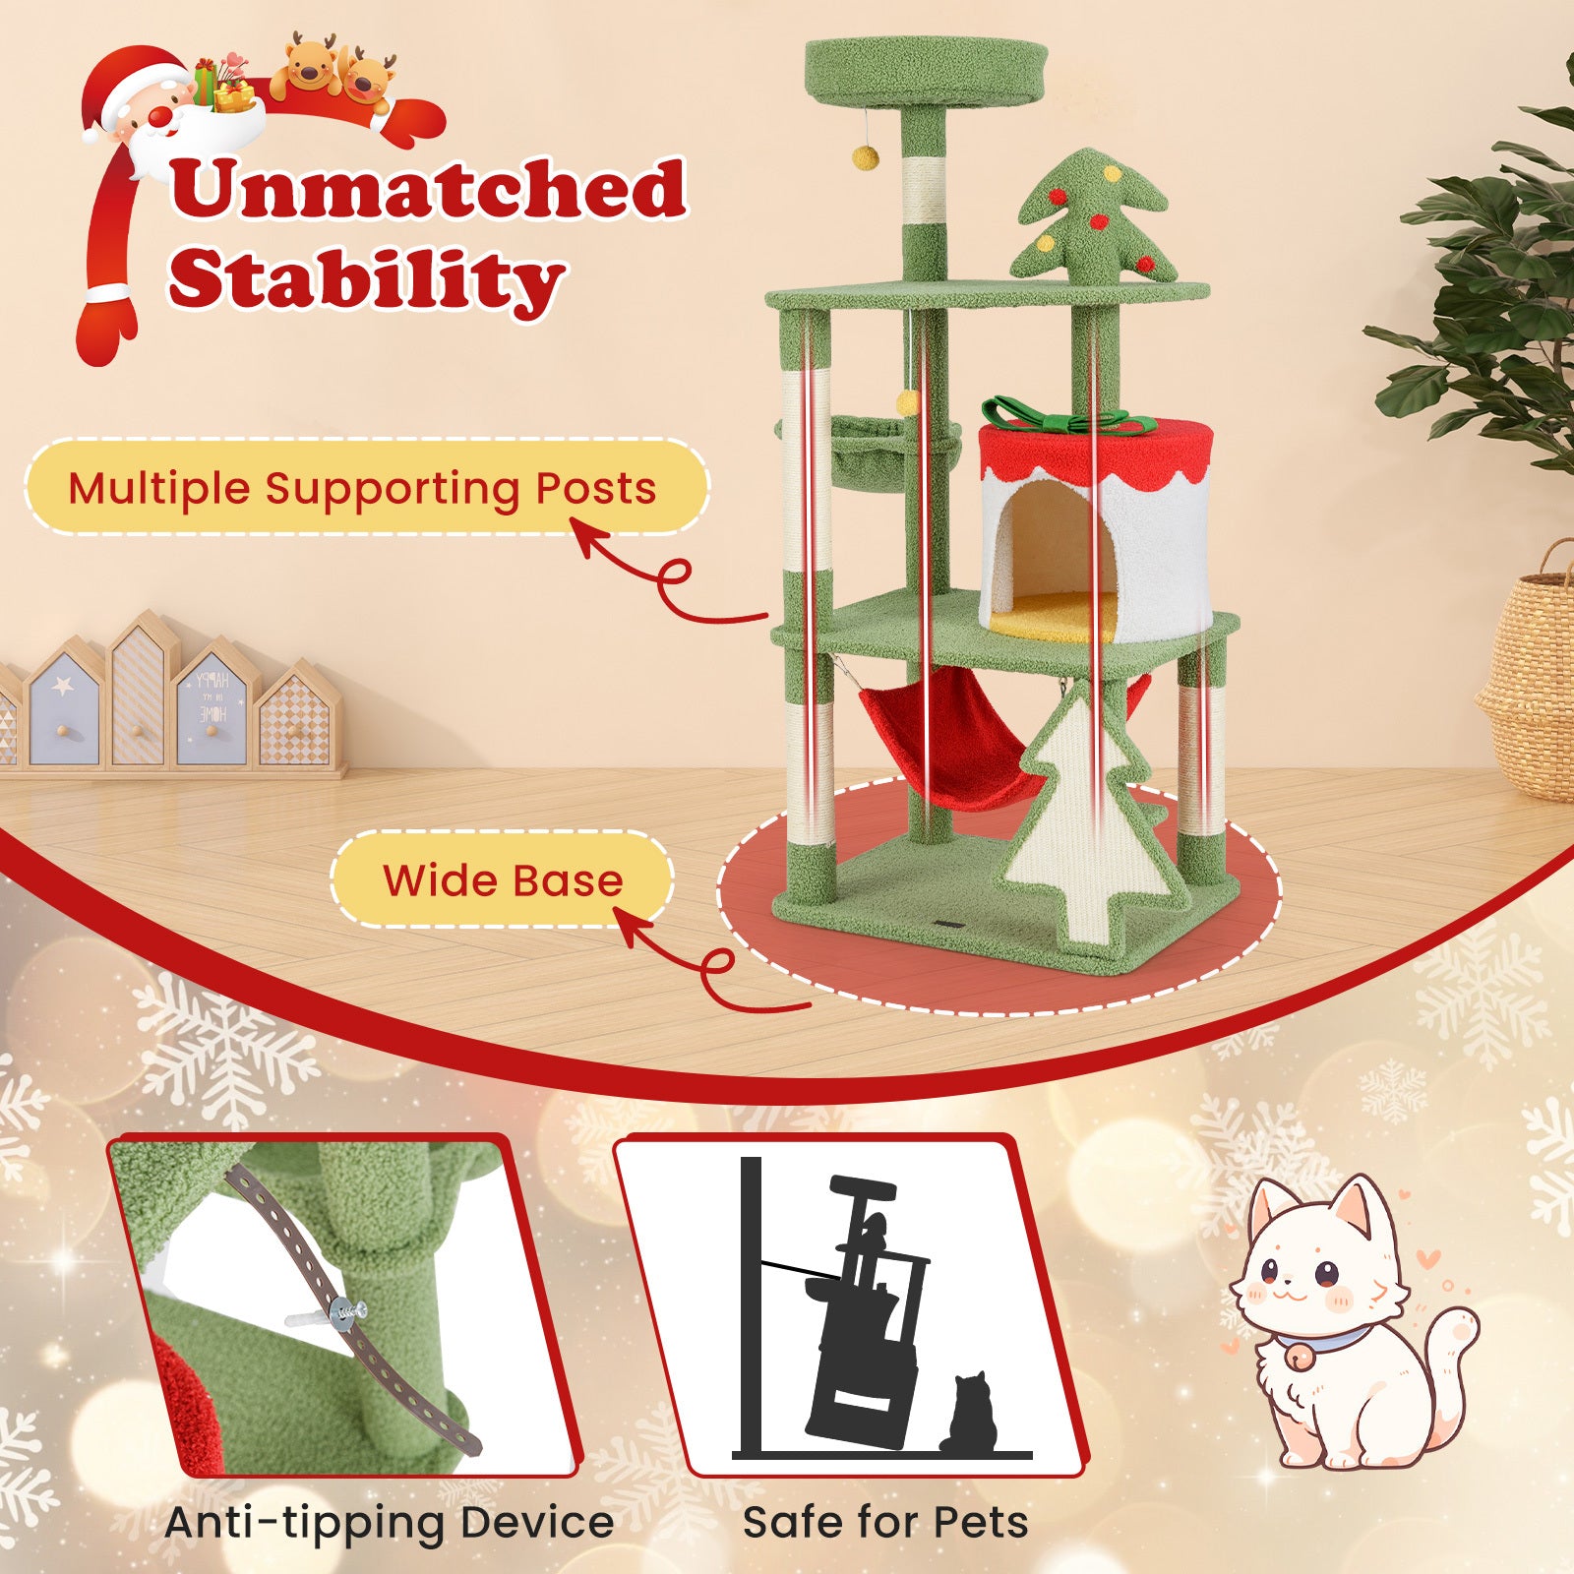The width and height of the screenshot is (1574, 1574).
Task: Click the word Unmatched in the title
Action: tap(428, 189)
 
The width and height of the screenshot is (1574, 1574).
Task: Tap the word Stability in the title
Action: tap(366, 279)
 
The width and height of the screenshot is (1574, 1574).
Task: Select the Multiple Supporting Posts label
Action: tap(362, 489)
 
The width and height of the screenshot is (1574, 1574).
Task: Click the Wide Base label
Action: tap(503, 880)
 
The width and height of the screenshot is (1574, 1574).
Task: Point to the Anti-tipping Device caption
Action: tap(390, 1522)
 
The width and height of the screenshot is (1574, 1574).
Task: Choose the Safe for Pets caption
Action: tap(885, 1522)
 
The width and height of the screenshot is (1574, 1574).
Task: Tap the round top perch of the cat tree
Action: tap(925, 74)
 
